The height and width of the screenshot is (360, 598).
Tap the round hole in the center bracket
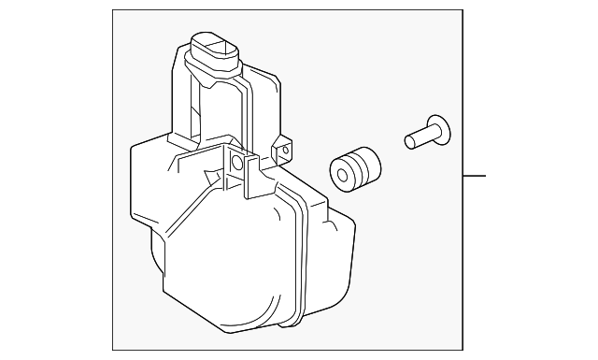click(x=237, y=164)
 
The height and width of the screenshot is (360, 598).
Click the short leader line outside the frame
click(x=475, y=175)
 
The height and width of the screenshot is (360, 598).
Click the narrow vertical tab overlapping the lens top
click(x=250, y=178)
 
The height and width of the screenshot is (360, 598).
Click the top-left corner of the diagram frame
click(x=113, y=10)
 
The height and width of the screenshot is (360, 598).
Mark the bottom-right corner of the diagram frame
click(x=463, y=350)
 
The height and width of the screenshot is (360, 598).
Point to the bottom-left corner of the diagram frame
click(x=113, y=350)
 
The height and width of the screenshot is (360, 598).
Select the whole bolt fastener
click(x=425, y=132)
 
